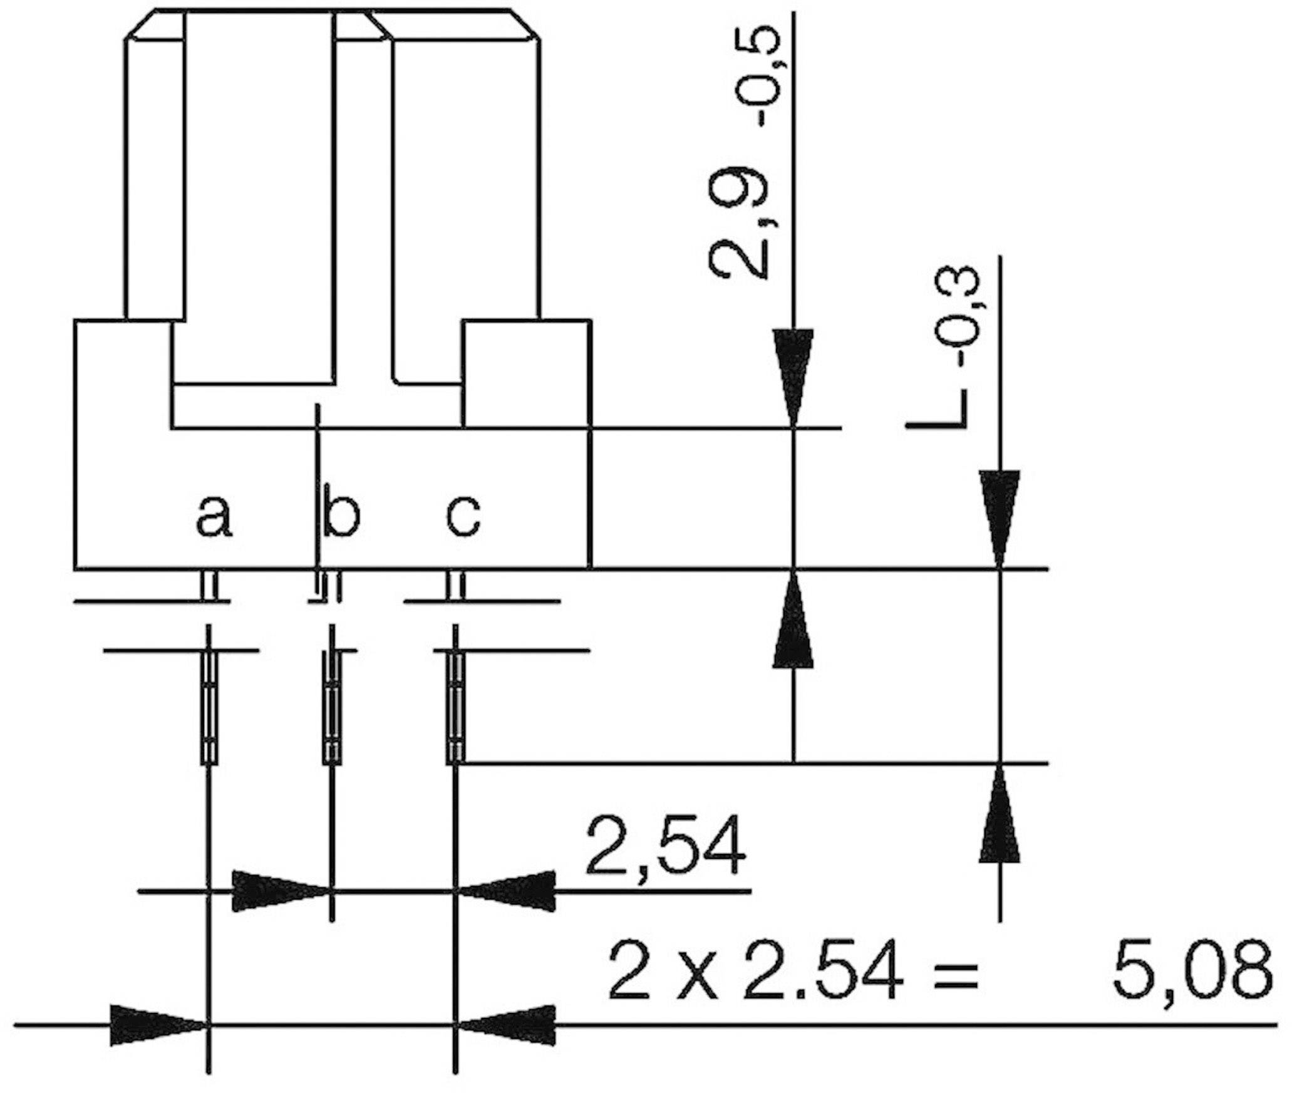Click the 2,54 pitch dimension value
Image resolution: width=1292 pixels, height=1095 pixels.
click(x=665, y=846)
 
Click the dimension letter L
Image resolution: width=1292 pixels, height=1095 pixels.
click(x=934, y=407)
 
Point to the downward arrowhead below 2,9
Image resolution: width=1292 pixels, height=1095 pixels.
click(x=793, y=376)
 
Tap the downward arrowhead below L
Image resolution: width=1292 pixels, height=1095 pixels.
click(x=1000, y=517)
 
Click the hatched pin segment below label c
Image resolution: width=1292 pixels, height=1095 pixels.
click(x=456, y=707)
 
